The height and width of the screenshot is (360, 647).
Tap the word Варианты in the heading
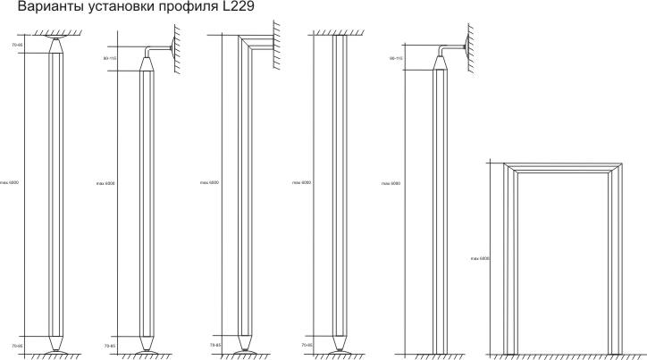tap(37, 10)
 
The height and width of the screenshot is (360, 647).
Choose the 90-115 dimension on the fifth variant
tap(397, 58)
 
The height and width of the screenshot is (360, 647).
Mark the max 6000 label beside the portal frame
tap(479, 258)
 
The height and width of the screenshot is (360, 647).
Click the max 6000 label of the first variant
tap(9, 183)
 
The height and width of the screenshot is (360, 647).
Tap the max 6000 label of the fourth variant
tap(301, 183)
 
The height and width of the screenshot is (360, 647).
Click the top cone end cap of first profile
tap(55, 46)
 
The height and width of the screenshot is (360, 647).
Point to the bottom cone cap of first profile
tap(55, 343)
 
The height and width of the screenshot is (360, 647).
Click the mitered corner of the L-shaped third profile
tap(243, 40)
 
